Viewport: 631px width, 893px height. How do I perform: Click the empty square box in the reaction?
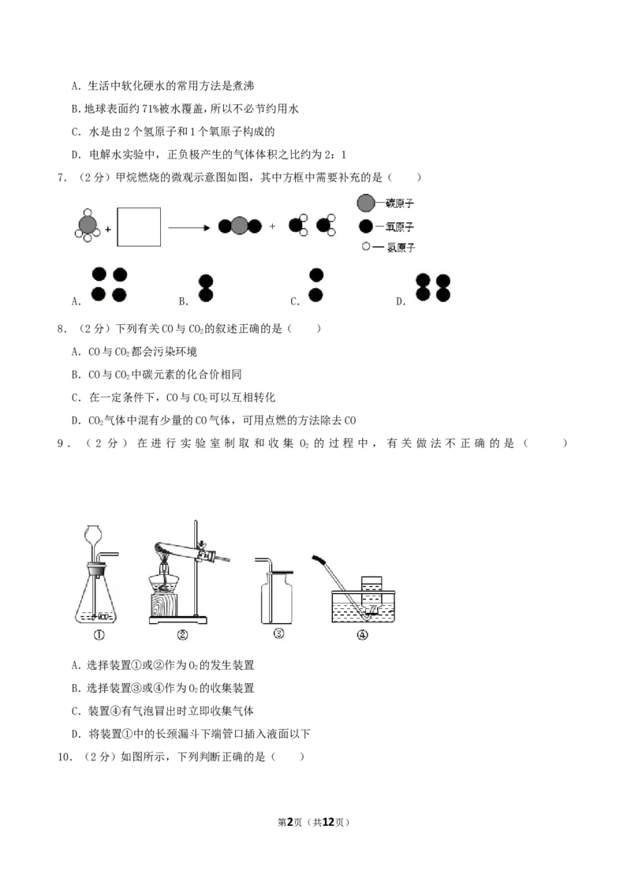139,228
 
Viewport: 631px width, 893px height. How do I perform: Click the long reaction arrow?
189,228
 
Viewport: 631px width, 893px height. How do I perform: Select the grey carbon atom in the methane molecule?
88,225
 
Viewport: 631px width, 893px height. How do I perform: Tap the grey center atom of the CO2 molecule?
240,226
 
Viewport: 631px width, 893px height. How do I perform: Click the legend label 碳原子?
400,204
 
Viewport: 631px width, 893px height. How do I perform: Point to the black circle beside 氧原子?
366,226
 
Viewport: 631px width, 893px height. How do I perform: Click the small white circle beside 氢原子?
366,247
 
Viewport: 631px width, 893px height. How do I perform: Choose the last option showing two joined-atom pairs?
433,287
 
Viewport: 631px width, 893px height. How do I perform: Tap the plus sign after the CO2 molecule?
273,226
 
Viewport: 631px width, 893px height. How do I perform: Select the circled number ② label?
182,633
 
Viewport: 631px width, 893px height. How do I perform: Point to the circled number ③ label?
278,633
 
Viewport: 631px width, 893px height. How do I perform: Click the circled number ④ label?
363,633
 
